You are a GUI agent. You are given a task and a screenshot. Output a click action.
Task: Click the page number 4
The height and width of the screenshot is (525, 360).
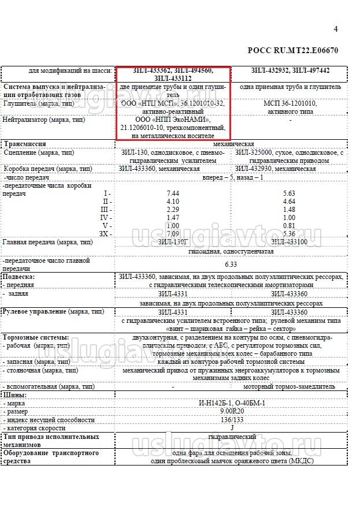coord(336,29)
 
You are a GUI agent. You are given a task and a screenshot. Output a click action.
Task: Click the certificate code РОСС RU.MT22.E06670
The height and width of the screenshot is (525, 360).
coord(293,50)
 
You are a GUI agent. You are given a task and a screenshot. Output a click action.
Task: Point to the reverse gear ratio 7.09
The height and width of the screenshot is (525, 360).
coord(172,233)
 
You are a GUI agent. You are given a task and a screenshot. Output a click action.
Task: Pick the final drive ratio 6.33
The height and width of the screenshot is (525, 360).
coord(231,264)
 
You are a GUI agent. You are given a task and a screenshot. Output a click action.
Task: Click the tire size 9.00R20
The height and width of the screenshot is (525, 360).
coord(231,411)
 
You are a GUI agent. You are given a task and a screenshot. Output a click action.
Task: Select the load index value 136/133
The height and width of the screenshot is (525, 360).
coord(231,420)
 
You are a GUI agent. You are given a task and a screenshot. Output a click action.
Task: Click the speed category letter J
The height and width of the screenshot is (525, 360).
coord(231,428)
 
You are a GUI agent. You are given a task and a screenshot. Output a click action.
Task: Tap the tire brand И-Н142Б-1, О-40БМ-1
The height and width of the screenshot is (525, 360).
coord(231,403)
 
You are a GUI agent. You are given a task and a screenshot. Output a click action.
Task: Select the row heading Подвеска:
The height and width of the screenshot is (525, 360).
coord(19,277)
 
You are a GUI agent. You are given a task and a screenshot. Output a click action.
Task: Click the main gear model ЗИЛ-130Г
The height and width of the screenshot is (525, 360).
coord(172,242)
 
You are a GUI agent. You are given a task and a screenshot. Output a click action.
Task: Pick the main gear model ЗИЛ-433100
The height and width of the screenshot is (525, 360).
coord(289,242)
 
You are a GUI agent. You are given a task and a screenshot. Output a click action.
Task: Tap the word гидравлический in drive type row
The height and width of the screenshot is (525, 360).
coord(231,437)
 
